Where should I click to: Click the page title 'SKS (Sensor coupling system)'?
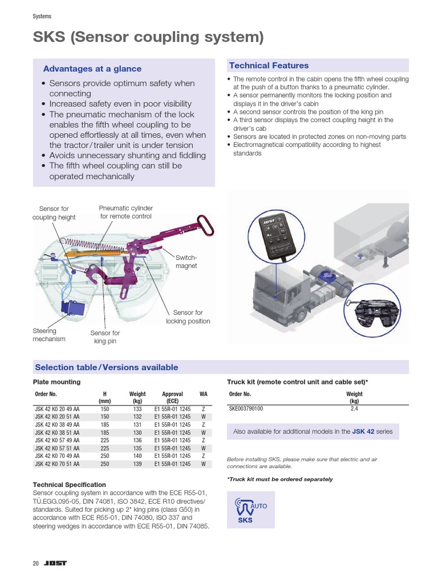coord(149,38)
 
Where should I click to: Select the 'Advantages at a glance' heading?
coord(92,69)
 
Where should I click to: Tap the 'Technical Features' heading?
coord(269,66)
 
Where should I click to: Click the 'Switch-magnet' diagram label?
coord(186,261)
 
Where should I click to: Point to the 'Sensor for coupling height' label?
coord(54,213)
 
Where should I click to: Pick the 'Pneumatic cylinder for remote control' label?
coord(125,212)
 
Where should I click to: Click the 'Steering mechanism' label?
coord(49,335)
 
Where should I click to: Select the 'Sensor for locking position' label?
coord(188,317)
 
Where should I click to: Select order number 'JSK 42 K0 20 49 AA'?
coord(57,409)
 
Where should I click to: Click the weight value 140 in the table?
coord(137,456)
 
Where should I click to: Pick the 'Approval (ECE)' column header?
coord(172,397)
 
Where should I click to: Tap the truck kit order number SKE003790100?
coord(246,408)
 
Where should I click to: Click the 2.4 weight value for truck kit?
coord(354,408)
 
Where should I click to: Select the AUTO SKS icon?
coord(250,509)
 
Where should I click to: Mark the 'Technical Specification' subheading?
coord(70,485)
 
